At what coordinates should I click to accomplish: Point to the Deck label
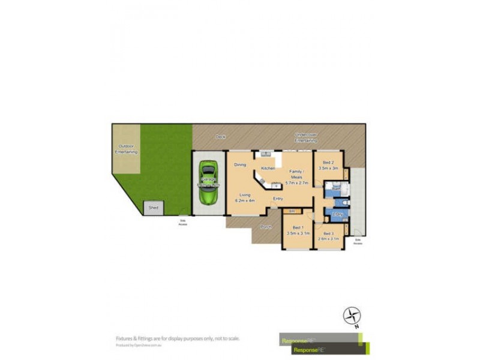coord(220,137)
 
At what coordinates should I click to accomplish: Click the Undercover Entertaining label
coord(310,137)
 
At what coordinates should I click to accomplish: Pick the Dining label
coord(240,164)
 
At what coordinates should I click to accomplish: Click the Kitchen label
coord(268,168)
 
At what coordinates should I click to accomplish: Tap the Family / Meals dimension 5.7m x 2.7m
coord(296,182)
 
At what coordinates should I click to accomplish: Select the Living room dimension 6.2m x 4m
coord(245,200)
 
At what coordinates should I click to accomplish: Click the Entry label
coord(278,199)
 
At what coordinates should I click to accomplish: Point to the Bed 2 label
coord(328,163)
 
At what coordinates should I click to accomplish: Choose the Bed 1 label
coord(297,227)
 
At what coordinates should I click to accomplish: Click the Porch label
coord(266,227)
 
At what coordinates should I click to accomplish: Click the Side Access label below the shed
coord(183,223)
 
